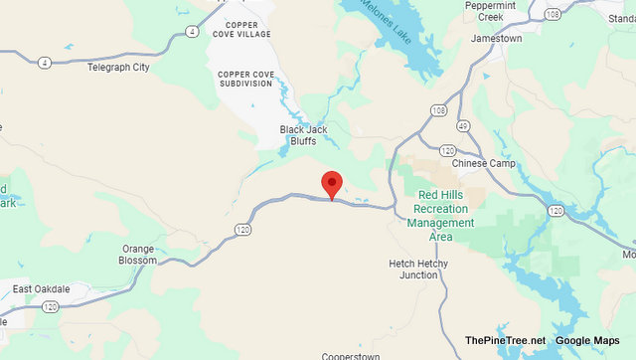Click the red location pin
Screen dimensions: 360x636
pos(331,184)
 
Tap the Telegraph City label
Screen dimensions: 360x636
pos(118,68)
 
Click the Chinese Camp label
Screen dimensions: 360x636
pos(484,163)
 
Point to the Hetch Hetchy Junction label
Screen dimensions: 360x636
pos(418,270)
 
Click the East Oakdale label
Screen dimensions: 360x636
pos(41,289)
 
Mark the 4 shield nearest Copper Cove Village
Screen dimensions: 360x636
pos(190,32)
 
